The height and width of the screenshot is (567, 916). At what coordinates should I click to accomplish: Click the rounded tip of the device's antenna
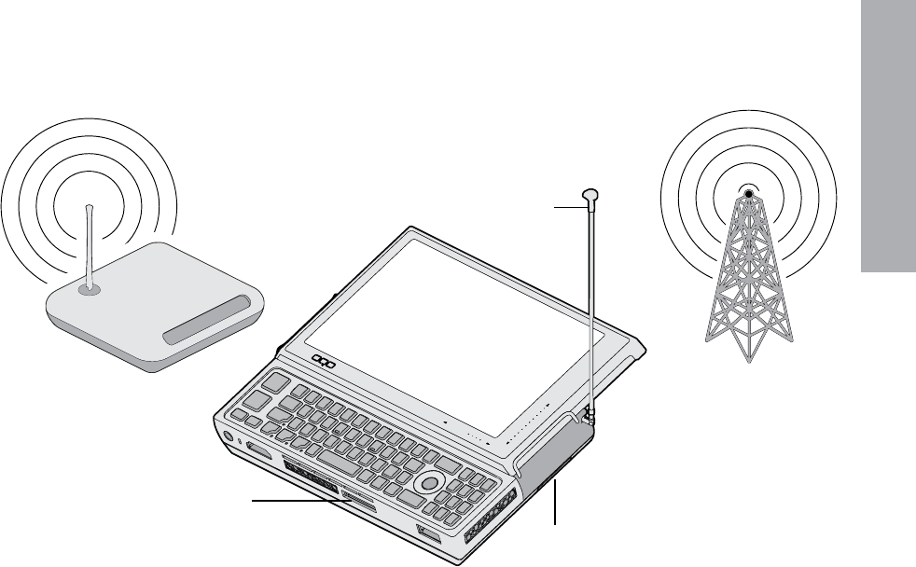(591, 195)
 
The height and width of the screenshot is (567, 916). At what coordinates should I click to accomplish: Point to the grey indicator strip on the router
(207, 320)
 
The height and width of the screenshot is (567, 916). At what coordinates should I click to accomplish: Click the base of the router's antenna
(89, 289)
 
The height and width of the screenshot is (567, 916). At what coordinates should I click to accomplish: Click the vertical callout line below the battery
(557, 504)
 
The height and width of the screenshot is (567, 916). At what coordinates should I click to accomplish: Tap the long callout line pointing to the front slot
(298, 502)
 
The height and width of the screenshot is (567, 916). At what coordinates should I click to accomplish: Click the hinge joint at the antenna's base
(588, 411)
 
